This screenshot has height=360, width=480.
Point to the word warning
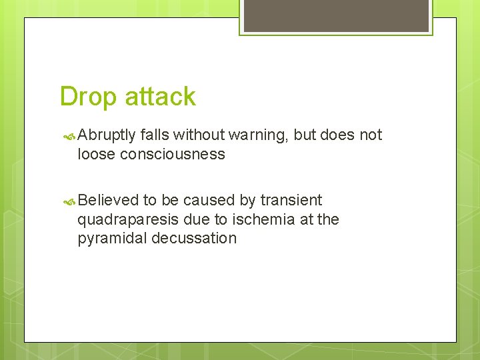click(x=258, y=135)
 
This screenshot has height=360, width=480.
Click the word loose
click(x=96, y=155)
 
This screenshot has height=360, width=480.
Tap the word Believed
click(x=108, y=200)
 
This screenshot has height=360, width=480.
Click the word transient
click(x=291, y=200)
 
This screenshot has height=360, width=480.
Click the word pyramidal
click(x=111, y=238)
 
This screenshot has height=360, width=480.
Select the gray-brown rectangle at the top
click(x=335, y=15)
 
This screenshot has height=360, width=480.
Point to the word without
click(x=199, y=135)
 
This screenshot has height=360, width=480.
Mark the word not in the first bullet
click(x=371, y=135)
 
